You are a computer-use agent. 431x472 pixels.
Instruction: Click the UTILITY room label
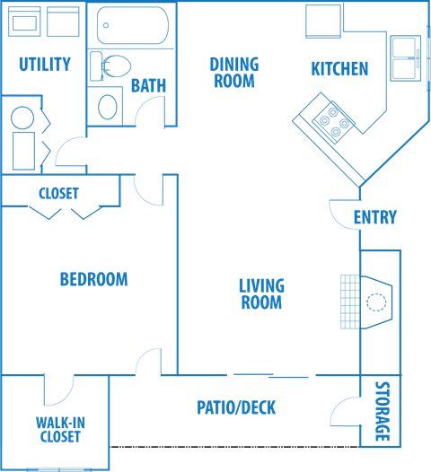44,64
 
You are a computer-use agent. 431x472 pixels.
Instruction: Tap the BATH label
148,86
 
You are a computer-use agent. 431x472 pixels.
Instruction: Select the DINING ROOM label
233,72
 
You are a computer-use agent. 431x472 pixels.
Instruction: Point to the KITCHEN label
339,68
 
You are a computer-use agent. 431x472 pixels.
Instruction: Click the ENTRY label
374,217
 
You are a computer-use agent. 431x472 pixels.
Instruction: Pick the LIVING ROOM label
261,294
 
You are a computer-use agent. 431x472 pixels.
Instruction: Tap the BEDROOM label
93,279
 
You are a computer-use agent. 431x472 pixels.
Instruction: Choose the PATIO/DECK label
236,408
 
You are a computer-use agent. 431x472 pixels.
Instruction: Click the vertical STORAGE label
381,412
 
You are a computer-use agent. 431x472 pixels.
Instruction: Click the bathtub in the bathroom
132,26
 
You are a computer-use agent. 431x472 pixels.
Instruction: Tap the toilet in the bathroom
110,66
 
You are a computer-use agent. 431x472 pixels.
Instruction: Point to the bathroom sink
108,105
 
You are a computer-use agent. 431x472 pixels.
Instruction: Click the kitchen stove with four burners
333,123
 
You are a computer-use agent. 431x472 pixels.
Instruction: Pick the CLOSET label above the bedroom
58,193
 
